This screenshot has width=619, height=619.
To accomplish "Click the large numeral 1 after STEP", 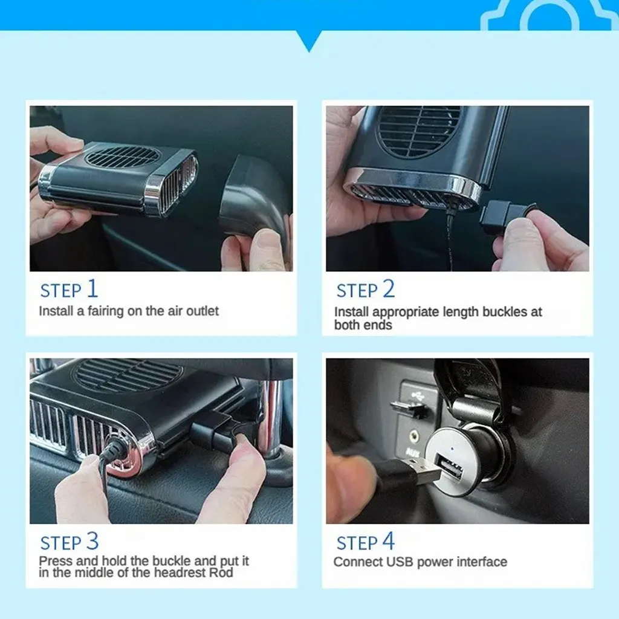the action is click(x=92, y=288).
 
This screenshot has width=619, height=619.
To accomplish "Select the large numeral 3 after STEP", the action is click(x=92, y=541).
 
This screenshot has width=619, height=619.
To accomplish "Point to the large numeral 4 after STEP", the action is click(x=389, y=541).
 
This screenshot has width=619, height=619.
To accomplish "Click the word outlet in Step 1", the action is click(x=202, y=311).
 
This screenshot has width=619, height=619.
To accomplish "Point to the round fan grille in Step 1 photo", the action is click(x=122, y=157).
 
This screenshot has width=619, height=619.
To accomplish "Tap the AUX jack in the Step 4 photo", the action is click(x=413, y=437).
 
